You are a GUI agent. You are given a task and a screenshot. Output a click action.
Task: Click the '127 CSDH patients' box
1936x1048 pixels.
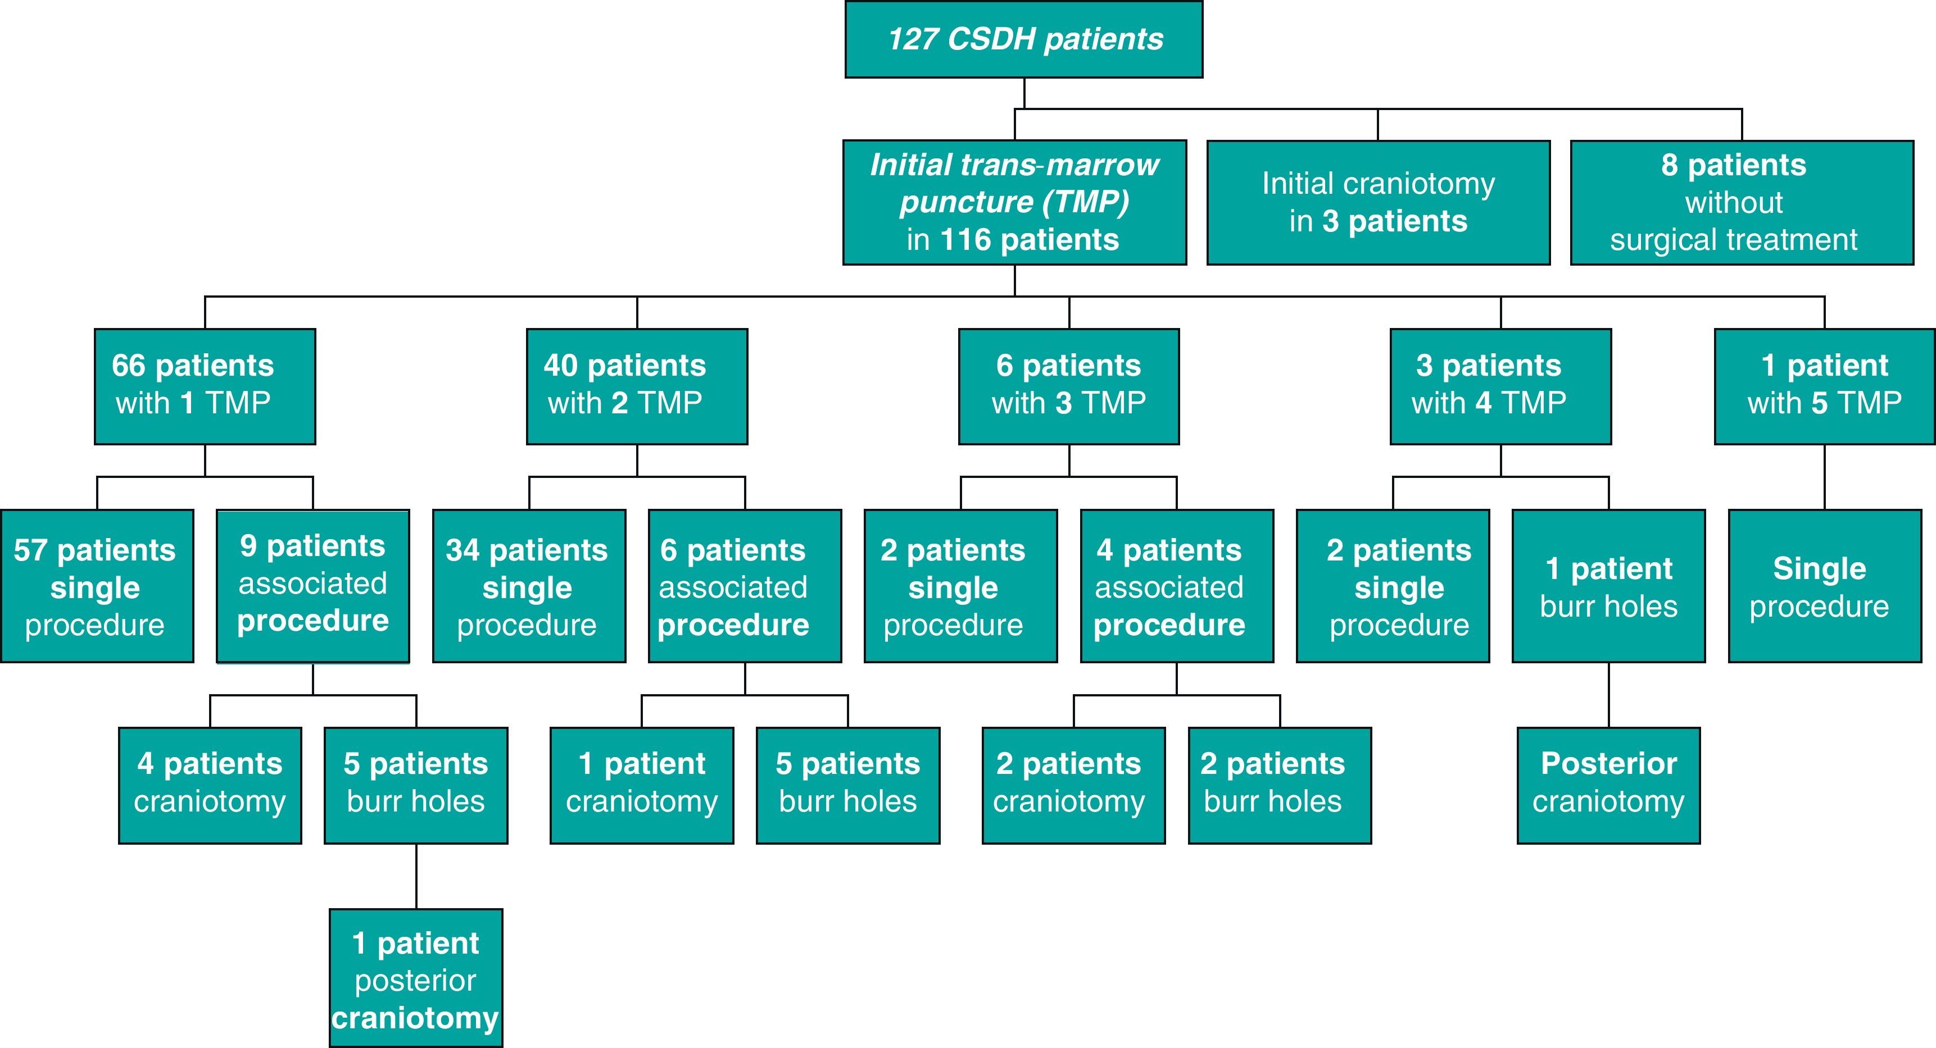(1023, 39)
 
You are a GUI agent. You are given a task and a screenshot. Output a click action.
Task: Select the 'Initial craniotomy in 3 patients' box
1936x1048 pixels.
(1377, 202)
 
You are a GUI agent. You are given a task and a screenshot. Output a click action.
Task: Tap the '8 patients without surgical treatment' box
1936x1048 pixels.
(1742, 202)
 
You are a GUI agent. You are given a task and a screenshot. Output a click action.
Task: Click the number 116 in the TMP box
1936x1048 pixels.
(965, 240)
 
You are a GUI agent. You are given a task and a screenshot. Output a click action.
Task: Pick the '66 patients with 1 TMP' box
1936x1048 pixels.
(205, 386)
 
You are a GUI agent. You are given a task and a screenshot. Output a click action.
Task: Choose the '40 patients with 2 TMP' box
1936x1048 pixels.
(637, 386)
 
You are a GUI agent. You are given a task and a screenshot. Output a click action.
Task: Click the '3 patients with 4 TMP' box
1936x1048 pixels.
(1500, 386)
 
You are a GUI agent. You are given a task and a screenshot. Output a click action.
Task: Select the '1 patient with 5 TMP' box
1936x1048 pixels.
(1824, 386)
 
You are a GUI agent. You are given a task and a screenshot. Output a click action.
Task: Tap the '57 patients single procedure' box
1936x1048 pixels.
(96, 586)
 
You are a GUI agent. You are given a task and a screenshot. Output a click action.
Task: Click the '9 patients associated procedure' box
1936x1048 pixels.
(312, 586)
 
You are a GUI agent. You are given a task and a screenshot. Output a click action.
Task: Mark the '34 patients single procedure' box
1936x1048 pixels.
(528, 586)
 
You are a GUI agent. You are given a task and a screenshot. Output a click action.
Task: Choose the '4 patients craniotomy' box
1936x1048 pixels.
(210, 785)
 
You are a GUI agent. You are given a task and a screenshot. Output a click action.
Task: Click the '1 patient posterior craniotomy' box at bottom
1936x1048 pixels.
(416, 978)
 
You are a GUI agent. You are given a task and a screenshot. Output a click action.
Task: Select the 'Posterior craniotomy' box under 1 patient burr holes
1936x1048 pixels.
(1608, 785)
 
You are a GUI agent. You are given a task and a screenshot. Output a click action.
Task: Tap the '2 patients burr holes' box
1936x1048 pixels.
(1279, 785)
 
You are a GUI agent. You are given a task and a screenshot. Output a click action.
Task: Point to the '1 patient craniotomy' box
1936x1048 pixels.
(641, 785)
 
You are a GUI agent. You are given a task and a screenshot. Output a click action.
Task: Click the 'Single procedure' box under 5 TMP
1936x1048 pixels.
(1824, 586)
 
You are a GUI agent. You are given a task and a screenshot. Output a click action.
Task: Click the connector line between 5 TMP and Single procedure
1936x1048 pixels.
(1824, 477)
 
